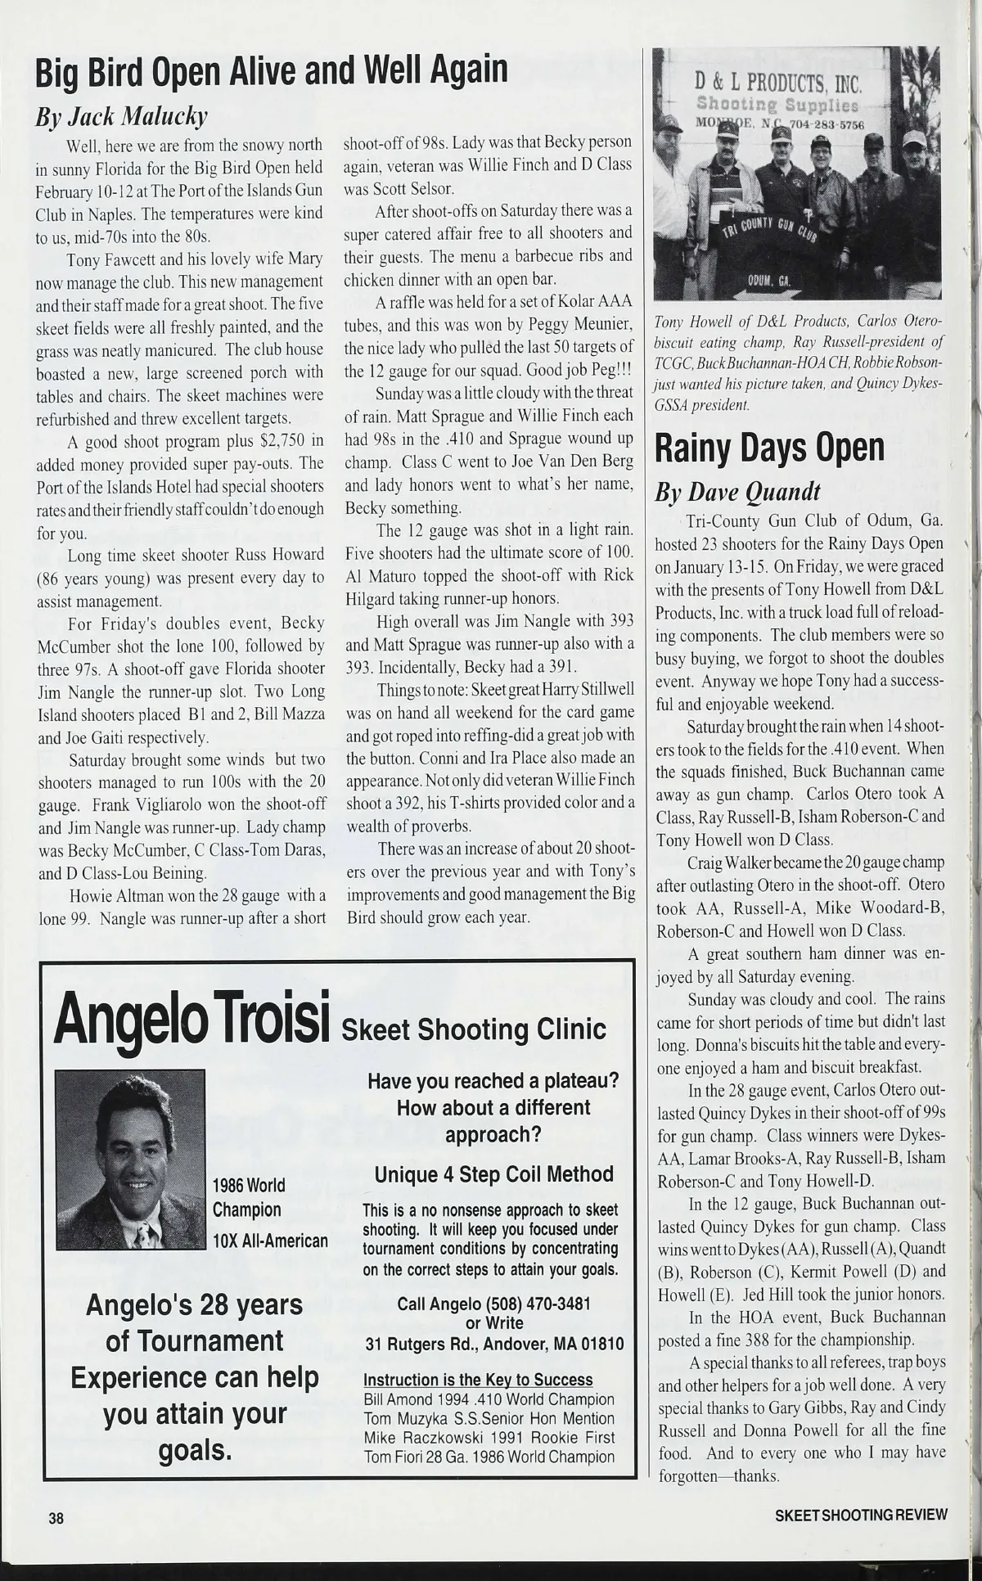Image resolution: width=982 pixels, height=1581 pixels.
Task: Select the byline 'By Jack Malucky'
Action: [120, 117]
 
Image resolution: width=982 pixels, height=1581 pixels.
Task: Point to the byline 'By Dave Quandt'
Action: [736, 492]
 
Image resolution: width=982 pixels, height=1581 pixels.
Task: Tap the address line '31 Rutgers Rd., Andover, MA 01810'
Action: [494, 1344]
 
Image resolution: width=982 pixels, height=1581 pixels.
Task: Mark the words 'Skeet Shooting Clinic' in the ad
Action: [474, 1029]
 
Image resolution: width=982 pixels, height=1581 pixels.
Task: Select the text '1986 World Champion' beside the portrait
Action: [248, 1196]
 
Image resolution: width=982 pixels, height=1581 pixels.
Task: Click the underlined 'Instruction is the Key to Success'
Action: [478, 1381]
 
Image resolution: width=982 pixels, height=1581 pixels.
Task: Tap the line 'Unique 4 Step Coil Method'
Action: [493, 1174]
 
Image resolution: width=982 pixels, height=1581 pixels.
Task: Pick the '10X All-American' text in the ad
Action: [270, 1241]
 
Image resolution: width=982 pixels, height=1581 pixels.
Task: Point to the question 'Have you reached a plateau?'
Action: [493, 1080]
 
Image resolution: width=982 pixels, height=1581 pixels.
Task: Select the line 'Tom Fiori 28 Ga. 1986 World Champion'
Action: [489, 1457]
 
